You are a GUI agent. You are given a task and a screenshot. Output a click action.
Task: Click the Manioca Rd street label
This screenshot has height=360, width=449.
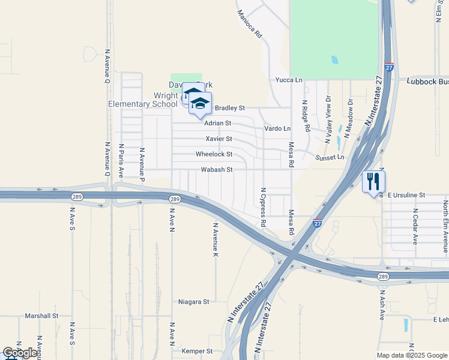250,24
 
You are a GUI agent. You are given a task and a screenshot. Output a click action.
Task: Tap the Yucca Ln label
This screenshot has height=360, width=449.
289,80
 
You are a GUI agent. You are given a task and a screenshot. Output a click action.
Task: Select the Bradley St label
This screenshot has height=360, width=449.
230,108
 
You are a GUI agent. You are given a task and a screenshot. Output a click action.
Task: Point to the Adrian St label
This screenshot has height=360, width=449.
217,123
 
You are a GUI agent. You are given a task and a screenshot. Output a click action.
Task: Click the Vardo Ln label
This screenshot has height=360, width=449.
277,128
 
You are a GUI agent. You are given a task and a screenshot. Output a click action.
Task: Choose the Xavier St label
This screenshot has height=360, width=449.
218,139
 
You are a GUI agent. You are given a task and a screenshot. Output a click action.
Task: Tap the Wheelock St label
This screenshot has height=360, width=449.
214,154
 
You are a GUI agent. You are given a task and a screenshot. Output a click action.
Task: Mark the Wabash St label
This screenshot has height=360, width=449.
216,170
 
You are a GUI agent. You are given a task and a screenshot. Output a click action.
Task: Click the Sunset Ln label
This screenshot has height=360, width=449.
331,157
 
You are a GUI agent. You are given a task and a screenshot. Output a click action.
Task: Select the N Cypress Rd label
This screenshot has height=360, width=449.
263,206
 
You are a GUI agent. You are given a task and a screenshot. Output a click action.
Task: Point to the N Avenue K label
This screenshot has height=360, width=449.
215,240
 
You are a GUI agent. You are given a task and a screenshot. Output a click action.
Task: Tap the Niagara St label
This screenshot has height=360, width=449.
194,302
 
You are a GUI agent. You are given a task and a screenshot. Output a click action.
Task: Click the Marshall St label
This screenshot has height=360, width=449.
41,316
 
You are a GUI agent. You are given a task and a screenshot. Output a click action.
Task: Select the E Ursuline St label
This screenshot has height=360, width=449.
406,196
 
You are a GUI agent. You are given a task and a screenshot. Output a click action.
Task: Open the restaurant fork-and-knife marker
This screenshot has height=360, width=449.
374,181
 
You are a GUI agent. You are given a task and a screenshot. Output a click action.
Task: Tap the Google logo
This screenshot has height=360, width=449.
20,353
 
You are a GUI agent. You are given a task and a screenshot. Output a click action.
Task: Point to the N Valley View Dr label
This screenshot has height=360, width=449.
328,119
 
